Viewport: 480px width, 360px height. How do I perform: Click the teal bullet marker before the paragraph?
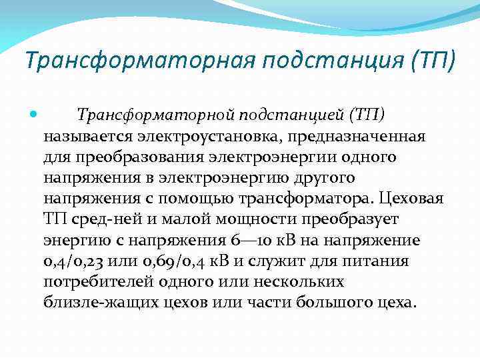34,115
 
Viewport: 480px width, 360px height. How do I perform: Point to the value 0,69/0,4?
170,261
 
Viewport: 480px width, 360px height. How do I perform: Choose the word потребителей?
101,281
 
